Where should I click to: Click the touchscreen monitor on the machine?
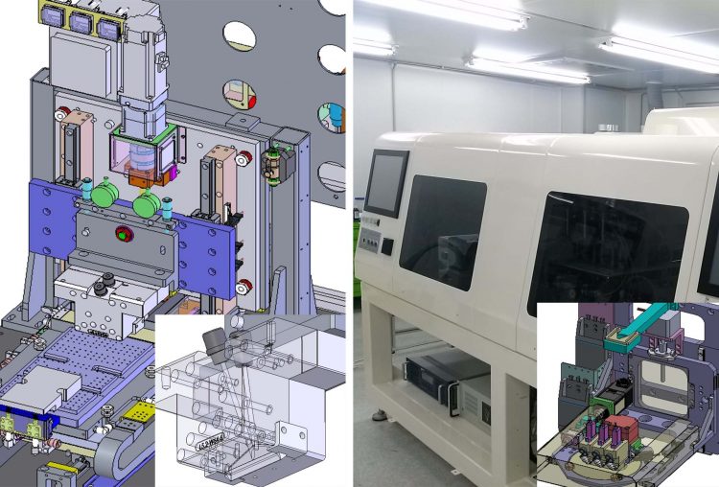click(x=386, y=182)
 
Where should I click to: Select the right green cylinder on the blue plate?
click(x=148, y=204)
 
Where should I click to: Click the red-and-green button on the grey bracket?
click(x=122, y=233)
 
